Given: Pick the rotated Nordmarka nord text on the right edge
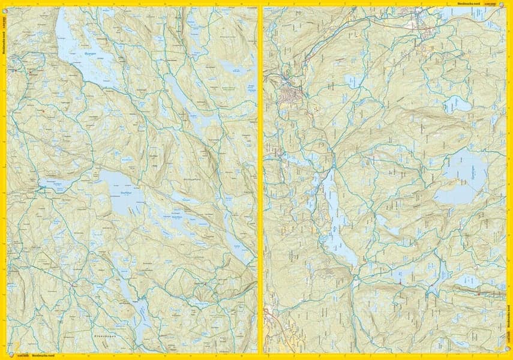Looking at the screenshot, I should [x=509, y=327].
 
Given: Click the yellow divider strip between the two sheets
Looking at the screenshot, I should [x=260, y=180].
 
